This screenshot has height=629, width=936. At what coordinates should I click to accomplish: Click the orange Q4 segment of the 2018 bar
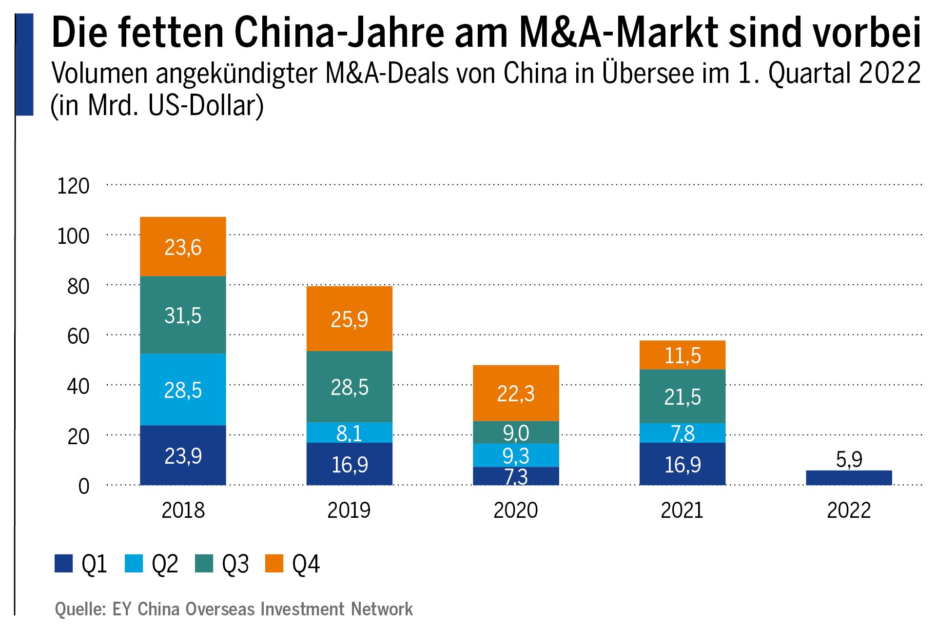click(x=183, y=247)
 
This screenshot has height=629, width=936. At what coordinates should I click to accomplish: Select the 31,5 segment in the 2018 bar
click(x=183, y=315)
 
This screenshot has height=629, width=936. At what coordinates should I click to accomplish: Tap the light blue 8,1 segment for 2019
click(x=349, y=432)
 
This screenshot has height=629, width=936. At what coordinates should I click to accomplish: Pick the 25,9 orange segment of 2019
click(x=349, y=319)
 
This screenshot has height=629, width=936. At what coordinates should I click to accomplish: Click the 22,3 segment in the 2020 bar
click(x=516, y=393)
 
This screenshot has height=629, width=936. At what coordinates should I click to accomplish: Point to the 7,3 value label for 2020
click(x=516, y=477)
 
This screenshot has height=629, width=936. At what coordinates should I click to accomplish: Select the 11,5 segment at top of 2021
click(x=682, y=355)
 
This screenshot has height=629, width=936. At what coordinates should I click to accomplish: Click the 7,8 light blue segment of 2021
click(x=682, y=433)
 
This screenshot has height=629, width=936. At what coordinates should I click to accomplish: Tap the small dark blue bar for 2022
click(x=849, y=478)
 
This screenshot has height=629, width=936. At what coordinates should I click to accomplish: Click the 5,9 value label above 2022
click(x=849, y=459)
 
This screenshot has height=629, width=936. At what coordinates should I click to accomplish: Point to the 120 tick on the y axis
click(x=73, y=186)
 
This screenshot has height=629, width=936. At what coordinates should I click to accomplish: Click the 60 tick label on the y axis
click(x=78, y=336)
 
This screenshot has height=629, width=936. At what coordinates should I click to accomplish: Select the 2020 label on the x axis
click(x=516, y=511)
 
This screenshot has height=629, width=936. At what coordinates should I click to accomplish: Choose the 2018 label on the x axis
click(x=183, y=511)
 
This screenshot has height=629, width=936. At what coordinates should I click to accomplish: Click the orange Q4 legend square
click(x=274, y=564)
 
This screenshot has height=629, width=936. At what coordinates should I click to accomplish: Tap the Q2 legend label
click(x=165, y=564)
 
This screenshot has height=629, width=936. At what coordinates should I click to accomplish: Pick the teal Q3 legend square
click(x=204, y=564)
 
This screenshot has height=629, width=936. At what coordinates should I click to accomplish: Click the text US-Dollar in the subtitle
click(x=206, y=105)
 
